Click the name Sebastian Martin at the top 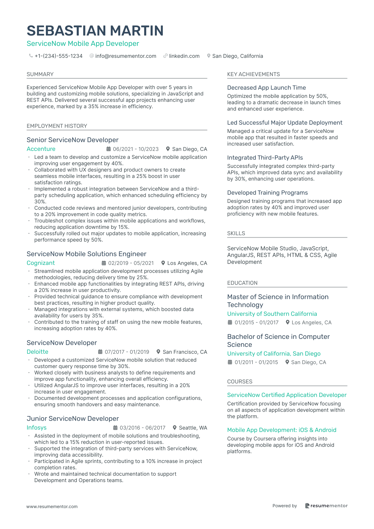(95, 31)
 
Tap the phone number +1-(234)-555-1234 (58, 56)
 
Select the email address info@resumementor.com (125, 56)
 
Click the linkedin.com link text (184, 56)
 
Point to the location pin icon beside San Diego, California (209, 56)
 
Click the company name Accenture (41, 149)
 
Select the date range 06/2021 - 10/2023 (136, 149)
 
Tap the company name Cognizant (41, 263)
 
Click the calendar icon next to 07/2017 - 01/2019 (100, 352)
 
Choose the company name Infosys (37, 428)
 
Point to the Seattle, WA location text (193, 428)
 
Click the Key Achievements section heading (253, 74)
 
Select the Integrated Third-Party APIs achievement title (265, 158)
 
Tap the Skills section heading (236, 233)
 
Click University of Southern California (272, 314)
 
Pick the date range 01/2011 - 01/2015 (256, 362)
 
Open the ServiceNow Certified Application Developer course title (287, 395)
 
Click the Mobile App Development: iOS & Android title (282, 430)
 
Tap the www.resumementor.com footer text (52, 506)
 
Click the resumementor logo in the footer (326, 506)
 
